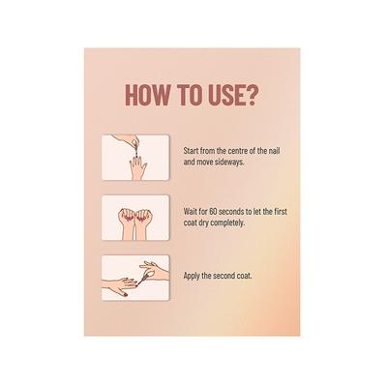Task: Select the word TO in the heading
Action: pyautogui.click(x=188, y=95)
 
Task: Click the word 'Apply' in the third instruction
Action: pyautogui.click(x=192, y=277)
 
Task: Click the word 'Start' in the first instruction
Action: pyautogui.click(x=191, y=151)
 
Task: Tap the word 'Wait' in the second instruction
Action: pyautogui.click(x=191, y=212)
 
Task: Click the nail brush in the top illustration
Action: pyautogui.click(x=136, y=150)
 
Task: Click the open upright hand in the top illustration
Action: pyautogui.click(x=138, y=167)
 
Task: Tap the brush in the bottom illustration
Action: pyautogui.click(x=143, y=279)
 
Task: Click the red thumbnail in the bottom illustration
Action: pyautogui.click(x=125, y=295)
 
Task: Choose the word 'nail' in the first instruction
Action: pyautogui.click(x=274, y=151)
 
